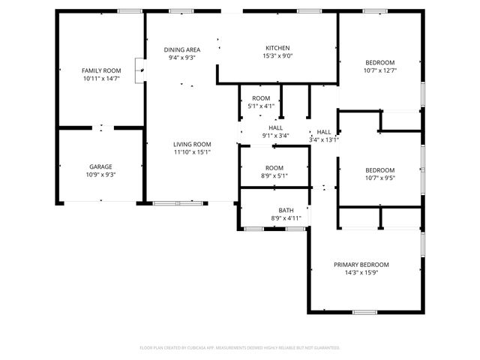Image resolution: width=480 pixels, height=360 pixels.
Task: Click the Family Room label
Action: click(101, 70)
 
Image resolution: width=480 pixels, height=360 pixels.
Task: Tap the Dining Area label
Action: click(182, 49)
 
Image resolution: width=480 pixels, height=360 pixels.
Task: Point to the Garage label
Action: click(101, 166)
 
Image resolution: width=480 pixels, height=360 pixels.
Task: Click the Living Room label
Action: click(192, 144)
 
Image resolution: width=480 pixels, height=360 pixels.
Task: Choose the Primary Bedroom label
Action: click(361, 265)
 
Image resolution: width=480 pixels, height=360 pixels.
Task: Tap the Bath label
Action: click(286, 210)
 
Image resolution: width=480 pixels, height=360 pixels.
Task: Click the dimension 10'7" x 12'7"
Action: click(380, 70)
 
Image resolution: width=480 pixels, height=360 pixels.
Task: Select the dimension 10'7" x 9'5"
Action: click(380, 178)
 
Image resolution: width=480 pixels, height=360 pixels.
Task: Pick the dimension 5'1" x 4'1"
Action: click(261, 106)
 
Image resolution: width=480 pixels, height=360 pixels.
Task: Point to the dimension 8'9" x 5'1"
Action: click(274, 175)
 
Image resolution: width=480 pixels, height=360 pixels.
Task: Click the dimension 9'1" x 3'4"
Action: click(275, 136)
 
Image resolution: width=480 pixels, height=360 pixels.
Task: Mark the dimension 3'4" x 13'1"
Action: click(324, 139)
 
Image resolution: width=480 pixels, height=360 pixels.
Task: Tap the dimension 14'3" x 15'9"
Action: click(361, 273)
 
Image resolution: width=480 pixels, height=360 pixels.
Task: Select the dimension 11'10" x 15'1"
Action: click(192, 152)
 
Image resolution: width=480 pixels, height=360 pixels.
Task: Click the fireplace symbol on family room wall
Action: click(139, 70)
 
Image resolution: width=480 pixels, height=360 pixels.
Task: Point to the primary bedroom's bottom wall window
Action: click(364, 312)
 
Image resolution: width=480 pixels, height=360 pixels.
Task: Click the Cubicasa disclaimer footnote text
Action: click(240, 348)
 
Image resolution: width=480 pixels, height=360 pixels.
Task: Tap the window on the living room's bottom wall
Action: click(178, 203)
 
